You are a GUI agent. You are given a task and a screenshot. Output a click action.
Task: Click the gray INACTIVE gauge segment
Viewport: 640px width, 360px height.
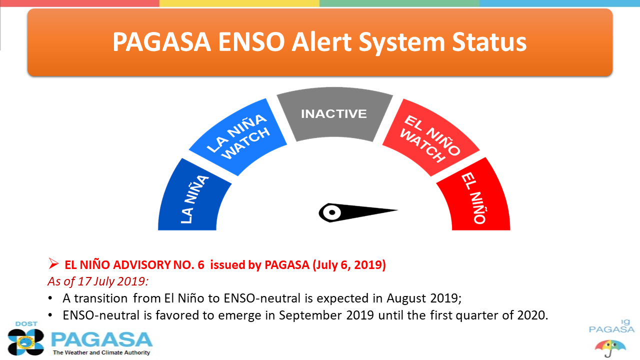(334, 114)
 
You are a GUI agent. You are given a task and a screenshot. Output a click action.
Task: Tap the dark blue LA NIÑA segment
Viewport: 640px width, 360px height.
(194, 197)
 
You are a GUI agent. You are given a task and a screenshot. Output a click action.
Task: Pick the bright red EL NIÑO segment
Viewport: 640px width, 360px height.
(474, 197)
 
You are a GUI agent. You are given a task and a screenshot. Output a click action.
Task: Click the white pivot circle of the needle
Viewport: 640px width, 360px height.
(332, 212)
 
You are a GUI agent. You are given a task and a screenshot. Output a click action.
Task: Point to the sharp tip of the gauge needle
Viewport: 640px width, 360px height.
(397, 210)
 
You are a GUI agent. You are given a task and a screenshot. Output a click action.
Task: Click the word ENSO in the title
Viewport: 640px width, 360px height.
(251, 42)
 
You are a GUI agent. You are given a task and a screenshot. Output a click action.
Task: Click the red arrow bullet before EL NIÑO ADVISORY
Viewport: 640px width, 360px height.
(53, 263)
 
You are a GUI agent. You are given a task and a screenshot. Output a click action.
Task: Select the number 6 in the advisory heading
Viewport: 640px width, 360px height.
(201, 265)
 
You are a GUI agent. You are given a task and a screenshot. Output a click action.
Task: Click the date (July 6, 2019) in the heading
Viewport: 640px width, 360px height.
(349, 265)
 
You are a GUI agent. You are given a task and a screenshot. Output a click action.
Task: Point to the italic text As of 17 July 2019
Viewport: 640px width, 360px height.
(98, 281)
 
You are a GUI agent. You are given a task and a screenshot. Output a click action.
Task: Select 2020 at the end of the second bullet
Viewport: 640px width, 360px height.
(532, 315)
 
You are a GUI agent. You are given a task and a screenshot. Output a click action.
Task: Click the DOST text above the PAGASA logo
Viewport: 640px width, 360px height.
(26, 324)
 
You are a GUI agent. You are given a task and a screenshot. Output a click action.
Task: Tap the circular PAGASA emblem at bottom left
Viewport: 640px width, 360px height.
(26, 342)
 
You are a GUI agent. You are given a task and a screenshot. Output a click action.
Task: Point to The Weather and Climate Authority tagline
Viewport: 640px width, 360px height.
(101, 352)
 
